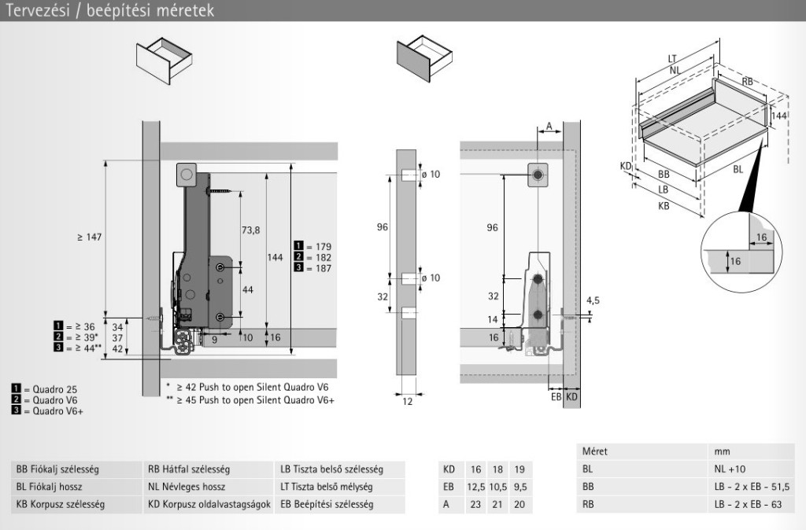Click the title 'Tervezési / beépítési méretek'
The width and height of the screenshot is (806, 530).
[x=109, y=11]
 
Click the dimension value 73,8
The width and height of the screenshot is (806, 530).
[x=250, y=230]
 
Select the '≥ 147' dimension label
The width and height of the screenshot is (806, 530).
[x=90, y=237]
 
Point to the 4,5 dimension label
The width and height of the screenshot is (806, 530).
[x=593, y=300]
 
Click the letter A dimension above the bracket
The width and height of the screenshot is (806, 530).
[x=549, y=126]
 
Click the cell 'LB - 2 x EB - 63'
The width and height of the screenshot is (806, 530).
[x=743, y=504]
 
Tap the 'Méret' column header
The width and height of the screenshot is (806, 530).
[x=595, y=452]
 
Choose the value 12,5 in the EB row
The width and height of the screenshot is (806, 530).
[x=475, y=487]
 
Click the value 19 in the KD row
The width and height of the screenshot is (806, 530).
[x=518, y=469]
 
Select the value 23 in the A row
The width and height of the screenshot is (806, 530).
[x=475, y=504]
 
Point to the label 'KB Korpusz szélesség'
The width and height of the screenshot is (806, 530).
[x=60, y=504]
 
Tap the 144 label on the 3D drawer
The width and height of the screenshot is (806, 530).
[x=779, y=116]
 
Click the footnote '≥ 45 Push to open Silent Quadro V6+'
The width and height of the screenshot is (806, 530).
[x=250, y=400]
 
